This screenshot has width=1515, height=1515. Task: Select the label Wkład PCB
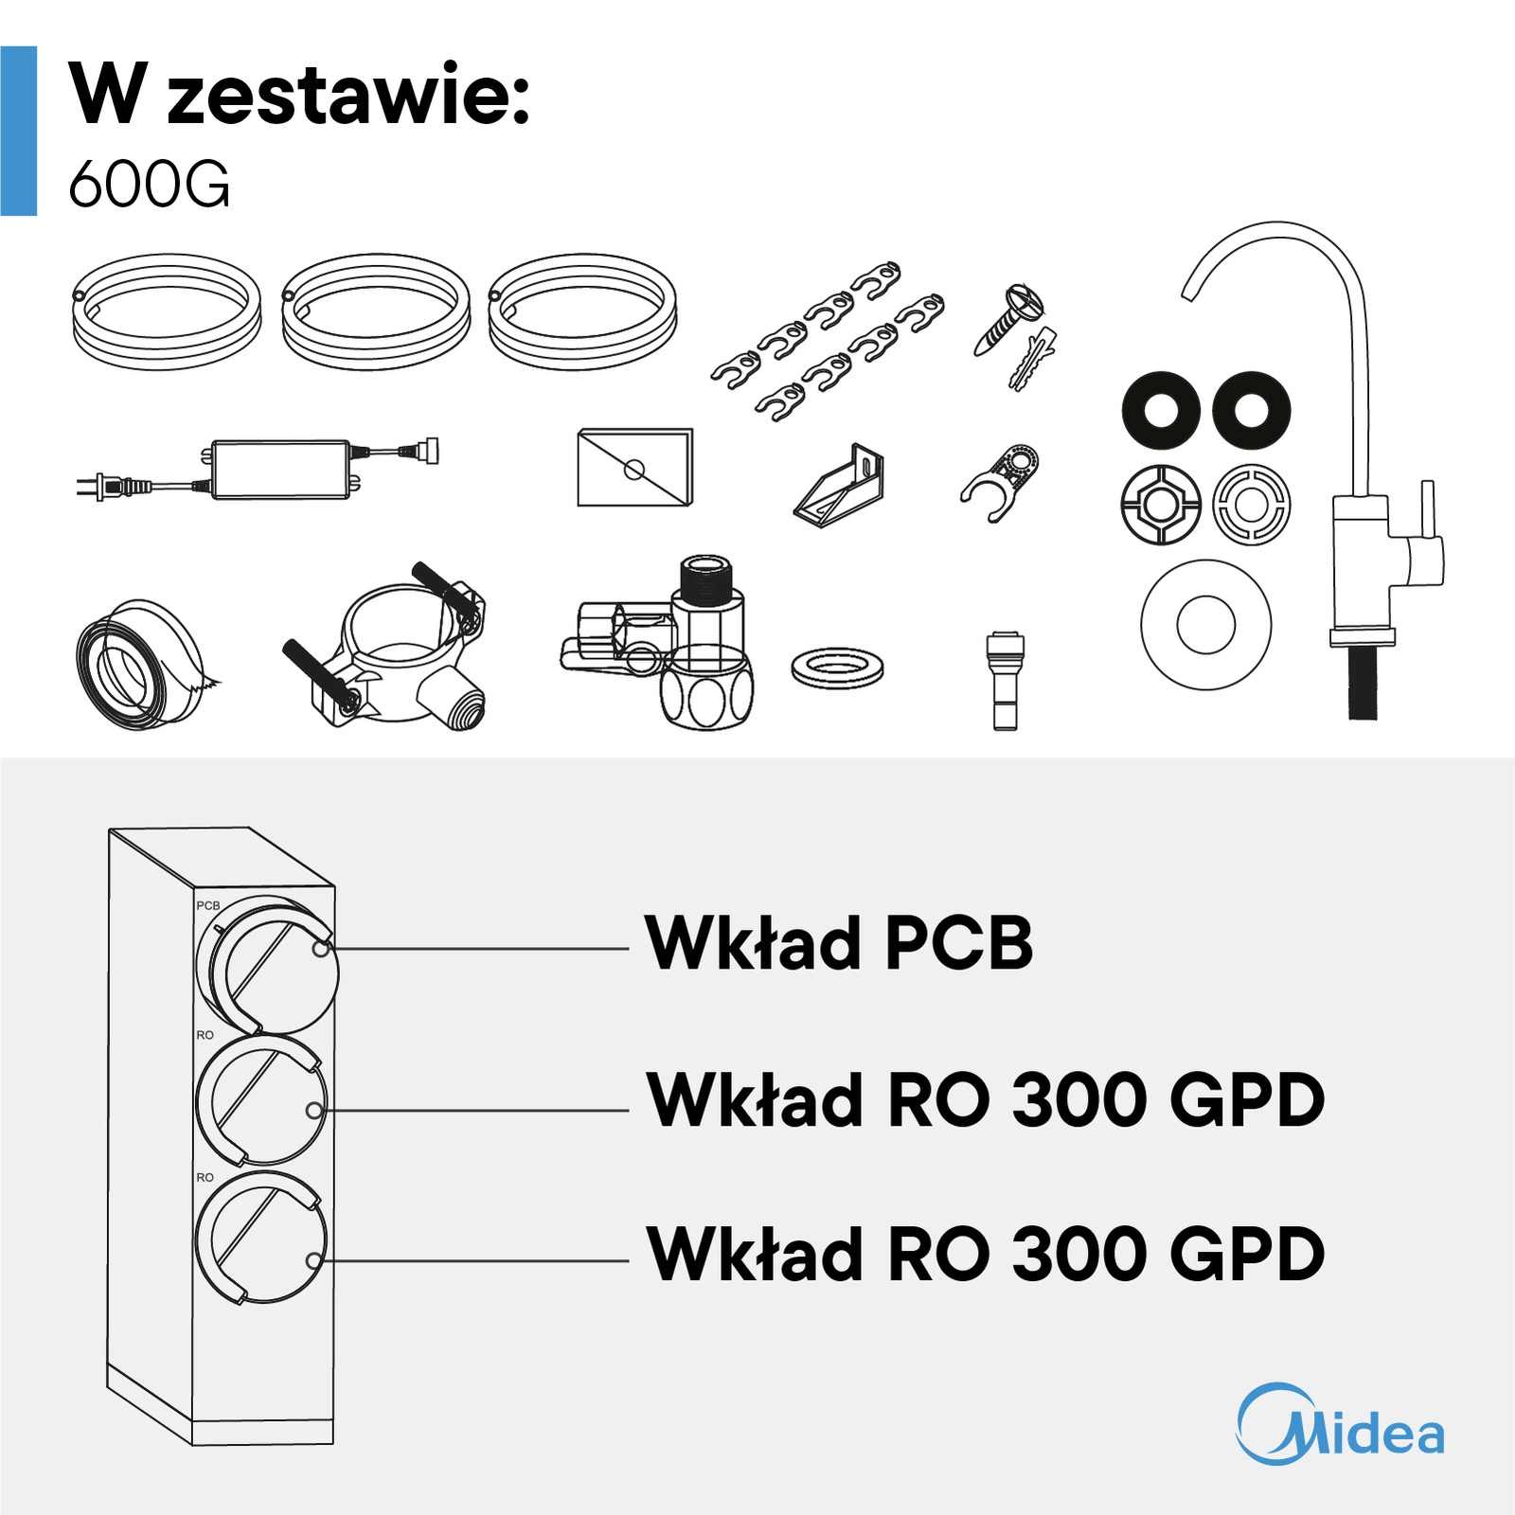839,943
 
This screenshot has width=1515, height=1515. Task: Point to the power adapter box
281,469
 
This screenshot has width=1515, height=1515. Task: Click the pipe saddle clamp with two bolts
385,644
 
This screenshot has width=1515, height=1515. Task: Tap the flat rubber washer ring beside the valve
837,668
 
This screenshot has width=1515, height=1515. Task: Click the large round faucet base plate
1206,625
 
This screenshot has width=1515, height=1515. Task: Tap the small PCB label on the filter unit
208,905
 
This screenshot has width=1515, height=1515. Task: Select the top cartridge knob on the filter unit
268,965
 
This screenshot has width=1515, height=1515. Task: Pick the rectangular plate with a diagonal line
635,468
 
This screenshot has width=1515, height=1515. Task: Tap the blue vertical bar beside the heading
19,131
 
